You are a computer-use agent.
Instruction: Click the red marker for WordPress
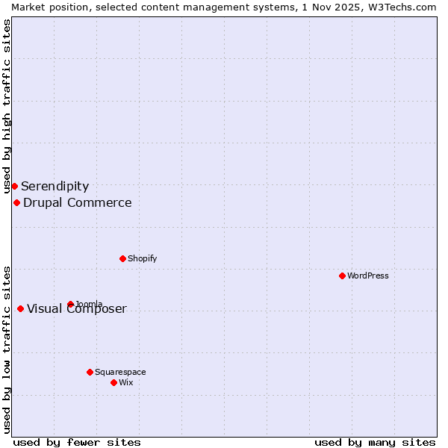(x=342, y=276)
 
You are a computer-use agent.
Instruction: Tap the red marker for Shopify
(x=122, y=258)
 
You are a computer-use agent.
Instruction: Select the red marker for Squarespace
(x=90, y=372)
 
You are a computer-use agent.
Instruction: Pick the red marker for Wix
(x=113, y=382)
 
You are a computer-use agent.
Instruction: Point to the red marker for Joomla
(x=70, y=304)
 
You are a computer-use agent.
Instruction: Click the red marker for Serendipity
(x=14, y=186)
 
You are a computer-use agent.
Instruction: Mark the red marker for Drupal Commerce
(x=16, y=202)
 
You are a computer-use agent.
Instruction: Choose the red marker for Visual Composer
(x=20, y=308)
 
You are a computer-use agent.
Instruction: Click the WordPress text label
(x=368, y=276)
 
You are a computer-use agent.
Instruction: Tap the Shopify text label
(x=142, y=258)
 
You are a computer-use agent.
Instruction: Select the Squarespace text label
(x=120, y=372)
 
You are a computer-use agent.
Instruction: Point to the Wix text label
(x=125, y=382)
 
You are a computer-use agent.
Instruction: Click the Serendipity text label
(x=55, y=186)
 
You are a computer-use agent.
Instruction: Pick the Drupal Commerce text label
(x=77, y=202)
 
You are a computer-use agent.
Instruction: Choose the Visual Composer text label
(x=77, y=309)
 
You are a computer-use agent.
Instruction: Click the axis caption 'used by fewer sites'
(x=77, y=442)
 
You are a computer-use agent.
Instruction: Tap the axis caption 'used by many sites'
(x=375, y=442)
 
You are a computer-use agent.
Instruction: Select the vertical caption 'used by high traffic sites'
(x=7, y=106)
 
